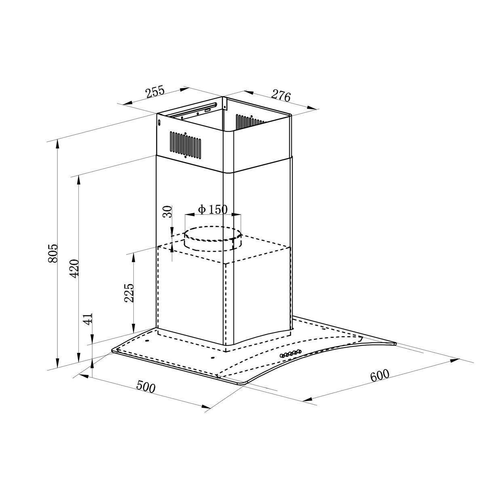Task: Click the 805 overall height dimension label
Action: point(53,253)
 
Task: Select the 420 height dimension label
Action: point(74,268)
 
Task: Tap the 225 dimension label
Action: point(129,293)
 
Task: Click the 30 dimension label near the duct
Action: point(167,212)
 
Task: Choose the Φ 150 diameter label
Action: point(213,209)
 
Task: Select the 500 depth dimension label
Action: point(146,387)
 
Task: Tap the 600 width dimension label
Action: point(380,375)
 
